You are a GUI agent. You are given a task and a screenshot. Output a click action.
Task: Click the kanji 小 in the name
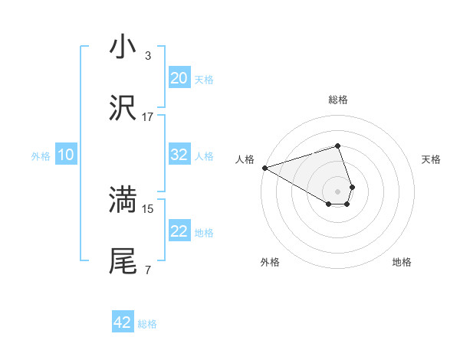(x=123, y=47)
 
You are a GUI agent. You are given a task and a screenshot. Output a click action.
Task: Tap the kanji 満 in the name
(x=123, y=200)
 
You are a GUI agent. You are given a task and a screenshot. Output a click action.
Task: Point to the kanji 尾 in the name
(x=123, y=261)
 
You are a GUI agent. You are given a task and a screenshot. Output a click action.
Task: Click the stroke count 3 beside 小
(x=148, y=56)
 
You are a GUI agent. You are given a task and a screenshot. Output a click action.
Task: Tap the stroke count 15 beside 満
(x=148, y=208)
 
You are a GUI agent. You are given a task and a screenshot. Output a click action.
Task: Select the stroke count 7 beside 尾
(x=148, y=270)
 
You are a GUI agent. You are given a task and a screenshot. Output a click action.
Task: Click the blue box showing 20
(x=179, y=78)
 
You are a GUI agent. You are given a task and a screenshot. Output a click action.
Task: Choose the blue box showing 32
(x=179, y=155)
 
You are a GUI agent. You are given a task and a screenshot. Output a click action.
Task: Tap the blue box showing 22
(x=179, y=231)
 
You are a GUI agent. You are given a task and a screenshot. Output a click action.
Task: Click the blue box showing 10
(x=66, y=155)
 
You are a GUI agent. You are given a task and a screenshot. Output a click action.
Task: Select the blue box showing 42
(x=123, y=322)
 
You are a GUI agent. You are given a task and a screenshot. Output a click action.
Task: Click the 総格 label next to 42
(x=147, y=324)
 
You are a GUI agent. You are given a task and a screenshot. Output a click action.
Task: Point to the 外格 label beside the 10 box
(x=41, y=156)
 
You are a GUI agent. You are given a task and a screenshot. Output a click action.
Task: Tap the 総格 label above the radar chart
(x=338, y=100)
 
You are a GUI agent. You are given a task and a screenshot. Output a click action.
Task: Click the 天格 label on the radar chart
(x=432, y=159)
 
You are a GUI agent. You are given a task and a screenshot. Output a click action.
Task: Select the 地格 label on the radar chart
(x=402, y=263)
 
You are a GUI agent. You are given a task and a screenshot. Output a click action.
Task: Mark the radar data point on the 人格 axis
(x=264, y=167)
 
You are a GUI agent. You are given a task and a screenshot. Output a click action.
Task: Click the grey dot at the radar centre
(x=338, y=190)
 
